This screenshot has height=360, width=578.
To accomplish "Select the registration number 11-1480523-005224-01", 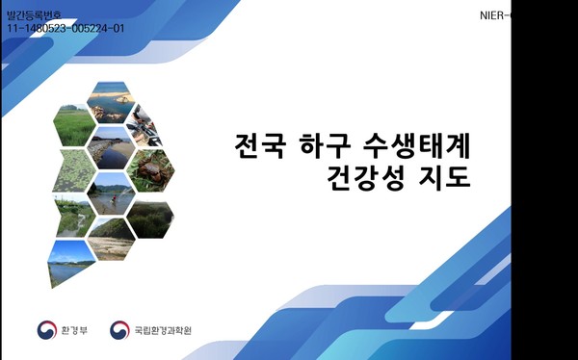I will coord(66,29).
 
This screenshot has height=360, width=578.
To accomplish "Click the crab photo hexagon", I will coord(149,170).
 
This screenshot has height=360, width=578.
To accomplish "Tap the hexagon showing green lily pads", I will coord(70,171).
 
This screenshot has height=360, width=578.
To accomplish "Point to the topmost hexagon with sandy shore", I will coord(109,97).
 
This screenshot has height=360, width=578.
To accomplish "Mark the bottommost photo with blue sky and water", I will coord(70,262).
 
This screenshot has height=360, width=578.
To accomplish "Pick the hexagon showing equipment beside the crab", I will coord(145,121).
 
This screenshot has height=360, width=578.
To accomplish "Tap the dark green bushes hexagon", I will coord(148,219).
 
